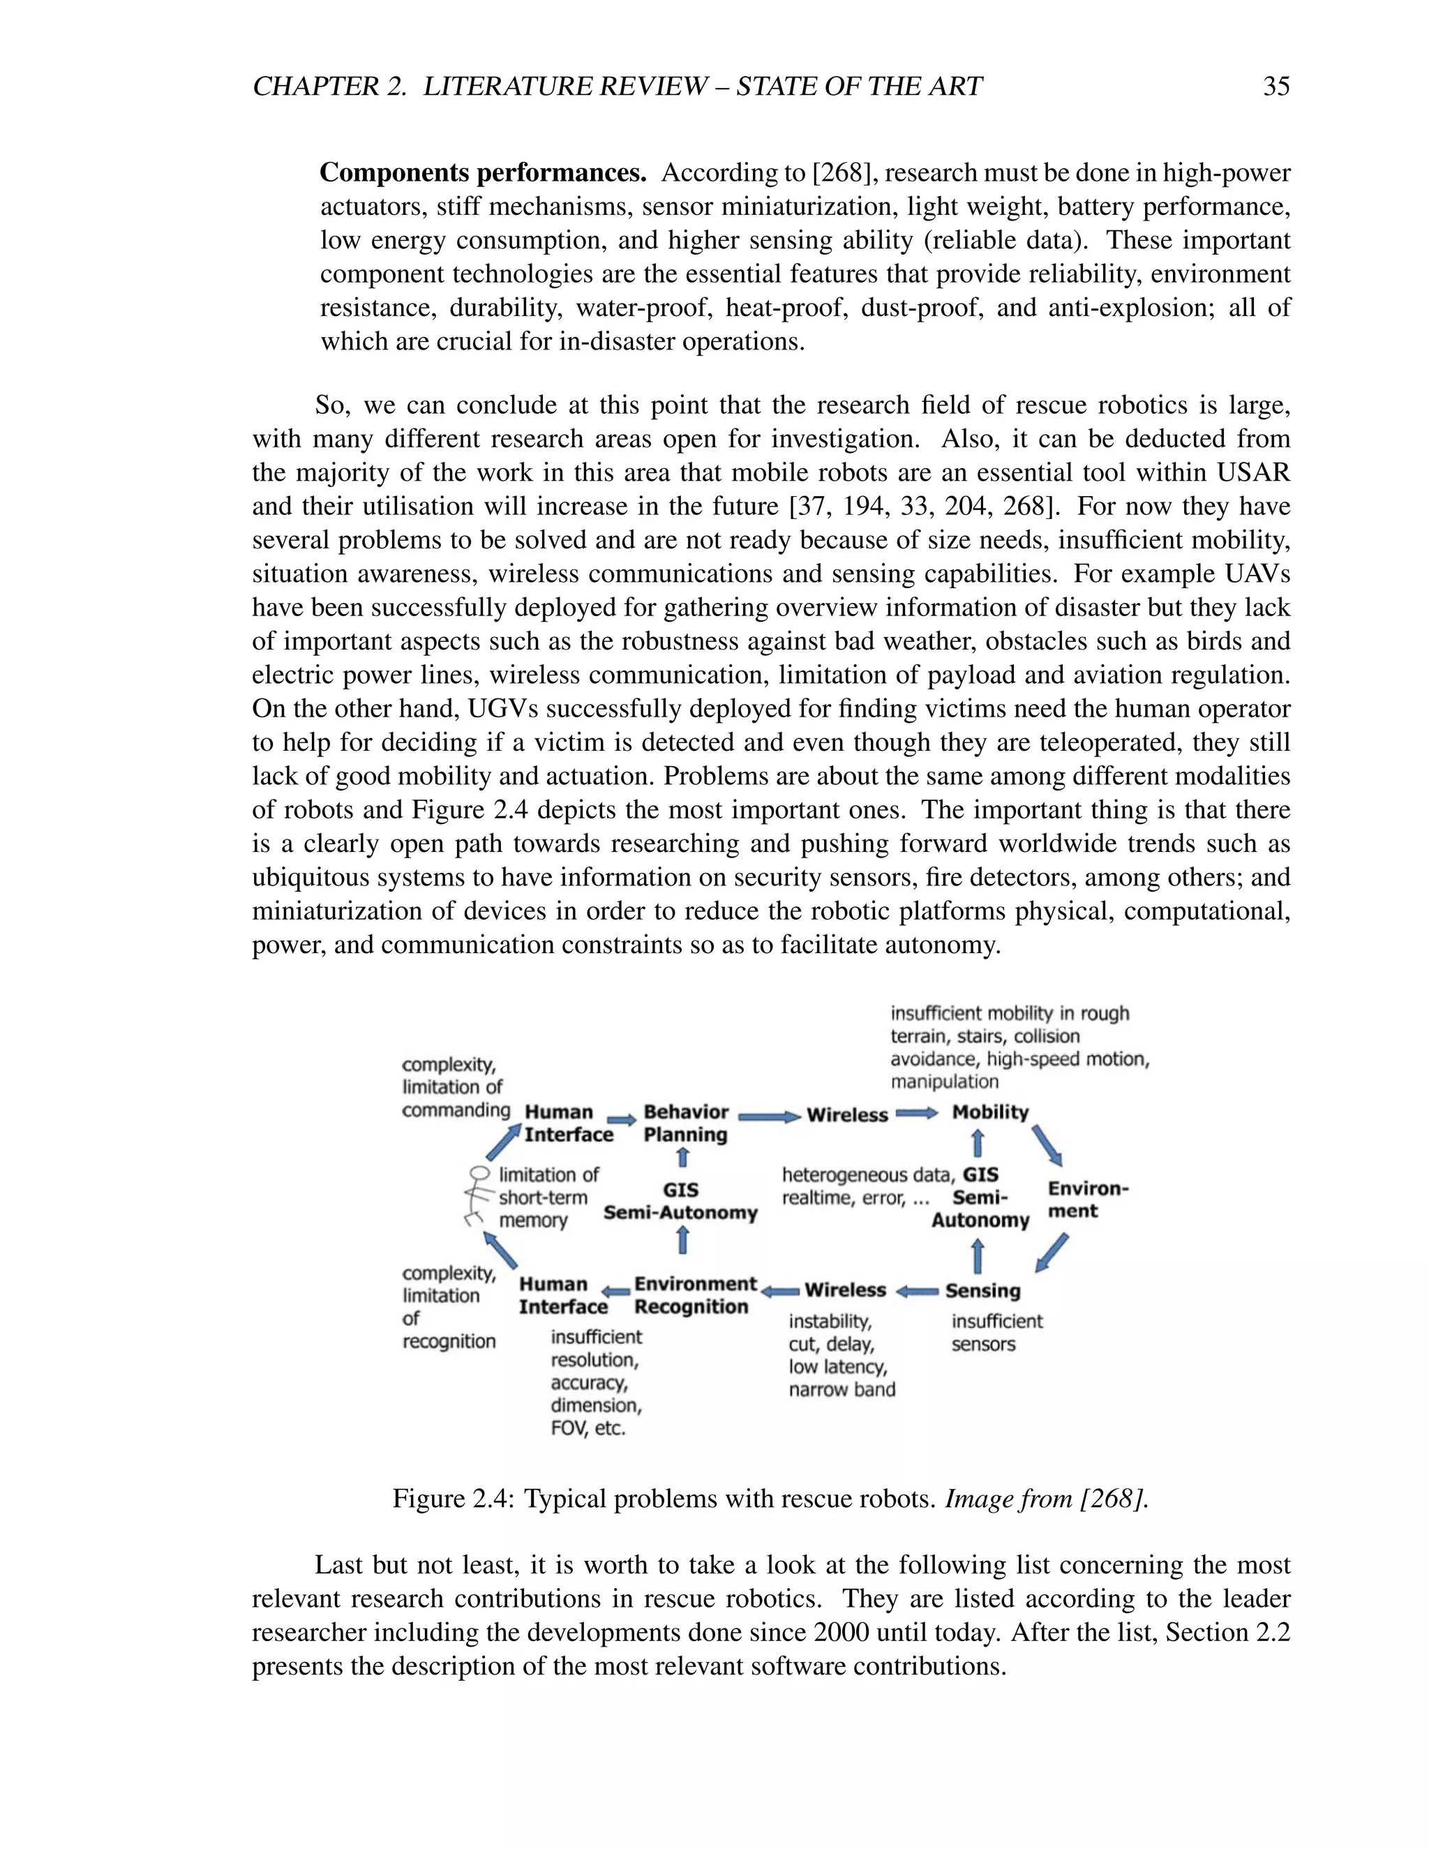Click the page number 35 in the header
(1275, 87)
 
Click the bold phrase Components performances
(483, 173)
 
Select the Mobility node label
(989, 1112)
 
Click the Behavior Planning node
(685, 1123)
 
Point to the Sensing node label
(982, 1290)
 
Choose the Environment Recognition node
(694, 1295)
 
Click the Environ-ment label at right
(1087, 1199)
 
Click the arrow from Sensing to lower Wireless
(917, 1291)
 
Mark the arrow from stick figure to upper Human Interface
(504, 1141)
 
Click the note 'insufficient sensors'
(996, 1333)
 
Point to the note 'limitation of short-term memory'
(547, 1197)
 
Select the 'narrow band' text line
(841, 1389)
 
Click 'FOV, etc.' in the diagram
(588, 1428)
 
